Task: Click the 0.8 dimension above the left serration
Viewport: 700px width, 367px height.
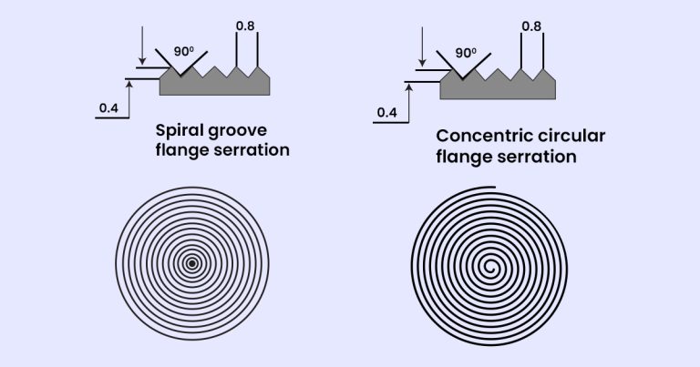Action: point(245,25)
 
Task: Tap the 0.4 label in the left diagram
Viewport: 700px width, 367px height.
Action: point(108,111)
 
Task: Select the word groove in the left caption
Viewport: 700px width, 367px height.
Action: point(242,131)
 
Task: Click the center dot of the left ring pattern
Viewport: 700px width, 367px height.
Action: point(192,264)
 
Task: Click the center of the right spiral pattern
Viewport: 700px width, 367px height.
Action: point(492,268)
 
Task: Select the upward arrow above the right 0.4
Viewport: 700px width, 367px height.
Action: point(411,91)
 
